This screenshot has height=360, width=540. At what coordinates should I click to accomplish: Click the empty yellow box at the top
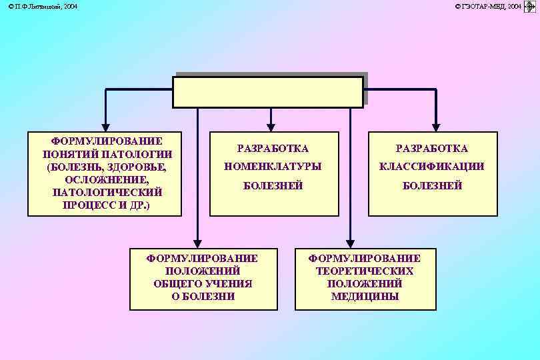click(268, 92)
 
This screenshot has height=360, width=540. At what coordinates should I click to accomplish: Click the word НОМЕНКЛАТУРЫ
click(273, 167)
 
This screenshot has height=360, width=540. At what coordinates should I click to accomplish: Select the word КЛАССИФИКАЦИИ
click(432, 167)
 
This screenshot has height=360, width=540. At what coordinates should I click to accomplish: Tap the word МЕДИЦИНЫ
click(365, 297)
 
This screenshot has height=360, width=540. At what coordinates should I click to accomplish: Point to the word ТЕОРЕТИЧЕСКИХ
click(365, 271)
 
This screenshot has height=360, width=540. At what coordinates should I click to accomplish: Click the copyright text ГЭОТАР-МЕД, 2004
click(488, 6)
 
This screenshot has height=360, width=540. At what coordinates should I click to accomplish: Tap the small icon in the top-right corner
click(531, 7)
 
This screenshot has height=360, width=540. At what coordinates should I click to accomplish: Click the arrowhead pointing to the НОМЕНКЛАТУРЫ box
click(270, 125)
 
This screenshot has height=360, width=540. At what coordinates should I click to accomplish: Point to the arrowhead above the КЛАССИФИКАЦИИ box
click(435, 125)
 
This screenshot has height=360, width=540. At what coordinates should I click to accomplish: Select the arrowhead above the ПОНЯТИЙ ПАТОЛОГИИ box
click(105, 125)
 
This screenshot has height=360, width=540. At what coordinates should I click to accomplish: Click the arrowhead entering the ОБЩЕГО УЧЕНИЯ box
click(197, 243)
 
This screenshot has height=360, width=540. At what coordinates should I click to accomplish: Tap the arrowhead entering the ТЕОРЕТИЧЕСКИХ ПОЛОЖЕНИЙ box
click(349, 243)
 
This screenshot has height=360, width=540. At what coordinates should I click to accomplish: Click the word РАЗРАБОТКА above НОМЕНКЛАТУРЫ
click(273, 149)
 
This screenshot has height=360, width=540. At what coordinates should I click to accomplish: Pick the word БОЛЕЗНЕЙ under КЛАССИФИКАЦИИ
click(432, 186)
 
